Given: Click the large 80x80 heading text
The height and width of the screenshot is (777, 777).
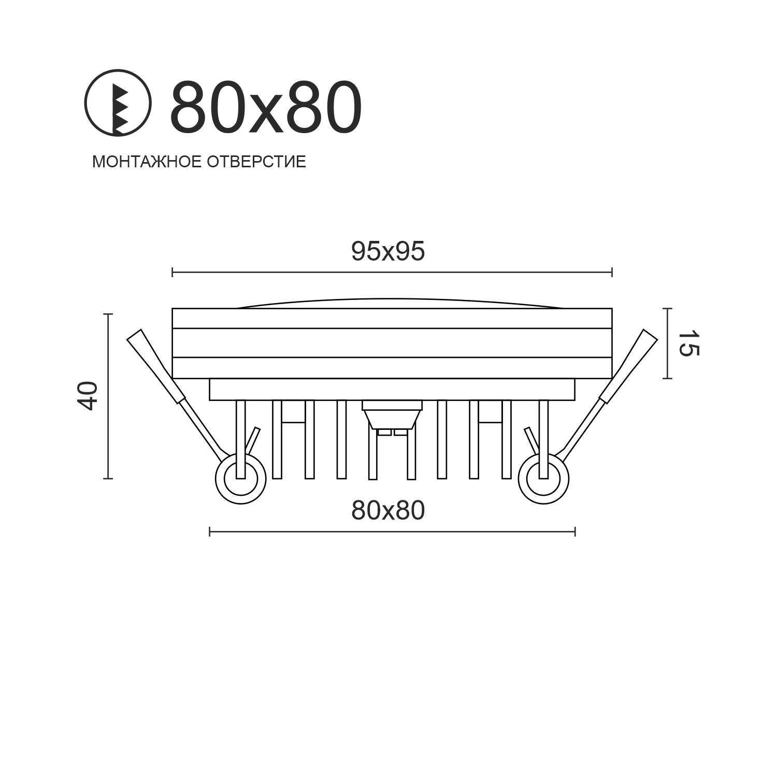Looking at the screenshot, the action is (x=265, y=107).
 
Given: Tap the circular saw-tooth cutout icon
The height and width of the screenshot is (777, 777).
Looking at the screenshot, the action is (x=119, y=104).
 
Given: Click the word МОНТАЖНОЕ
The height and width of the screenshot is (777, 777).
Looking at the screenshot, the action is (x=147, y=162).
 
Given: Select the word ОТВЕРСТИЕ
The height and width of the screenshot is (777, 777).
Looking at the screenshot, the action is (x=257, y=162).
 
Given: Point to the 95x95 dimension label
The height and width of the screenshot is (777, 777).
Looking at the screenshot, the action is (x=388, y=252).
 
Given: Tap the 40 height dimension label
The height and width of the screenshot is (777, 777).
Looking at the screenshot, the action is (x=88, y=396).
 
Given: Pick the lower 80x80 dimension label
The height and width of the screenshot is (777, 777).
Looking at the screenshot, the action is (x=388, y=511).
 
